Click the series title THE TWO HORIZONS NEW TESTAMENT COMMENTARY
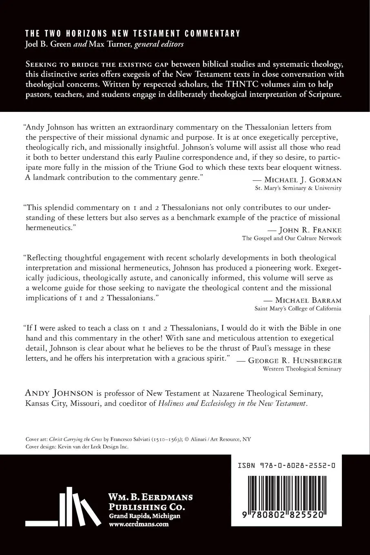[x=133, y=33]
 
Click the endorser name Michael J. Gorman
[x=303, y=180]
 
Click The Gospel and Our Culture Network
[x=292, y=238]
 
